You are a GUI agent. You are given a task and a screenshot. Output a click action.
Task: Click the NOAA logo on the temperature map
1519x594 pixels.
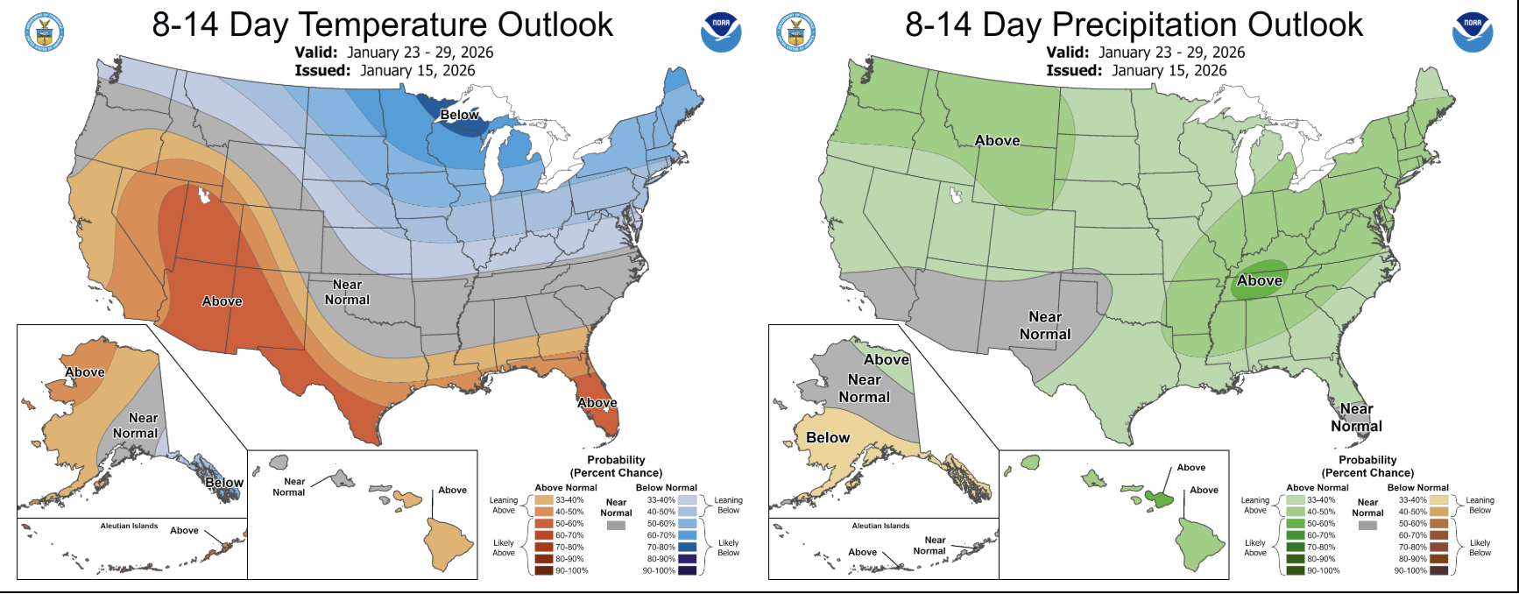(x=721, y=32)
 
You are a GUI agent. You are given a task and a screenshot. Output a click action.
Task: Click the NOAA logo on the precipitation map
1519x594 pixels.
(x=1473, y=32)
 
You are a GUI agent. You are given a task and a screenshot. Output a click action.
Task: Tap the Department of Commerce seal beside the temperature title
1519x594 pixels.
(x=44, y=32)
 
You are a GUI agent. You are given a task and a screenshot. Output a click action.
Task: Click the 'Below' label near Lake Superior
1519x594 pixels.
(x=459, y=115)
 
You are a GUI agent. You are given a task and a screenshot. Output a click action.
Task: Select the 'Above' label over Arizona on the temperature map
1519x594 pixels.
(x=223, y=301)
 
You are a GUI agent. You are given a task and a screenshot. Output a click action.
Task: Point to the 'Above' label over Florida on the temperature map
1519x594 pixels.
(x=597, y=403)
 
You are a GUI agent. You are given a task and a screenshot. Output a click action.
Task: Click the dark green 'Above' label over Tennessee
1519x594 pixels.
(x=1259, y=280)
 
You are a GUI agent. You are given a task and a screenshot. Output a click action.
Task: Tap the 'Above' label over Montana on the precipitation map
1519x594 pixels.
(x=997, y=140)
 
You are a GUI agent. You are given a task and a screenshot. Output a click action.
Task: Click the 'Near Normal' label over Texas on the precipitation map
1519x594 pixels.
(x=1045, y=325)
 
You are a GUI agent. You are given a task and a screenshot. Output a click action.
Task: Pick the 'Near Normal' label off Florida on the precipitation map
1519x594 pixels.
(x=1356, y=417)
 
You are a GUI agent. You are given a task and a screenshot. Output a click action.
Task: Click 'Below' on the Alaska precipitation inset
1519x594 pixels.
(x=828, y=437)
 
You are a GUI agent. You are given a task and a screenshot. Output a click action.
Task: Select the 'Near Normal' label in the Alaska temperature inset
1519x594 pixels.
(x=137, y=426)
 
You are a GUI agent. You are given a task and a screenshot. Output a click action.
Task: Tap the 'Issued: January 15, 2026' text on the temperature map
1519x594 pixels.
(x=385, y=70)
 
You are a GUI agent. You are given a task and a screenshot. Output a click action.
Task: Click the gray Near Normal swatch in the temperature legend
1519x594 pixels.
(x=616, y=526)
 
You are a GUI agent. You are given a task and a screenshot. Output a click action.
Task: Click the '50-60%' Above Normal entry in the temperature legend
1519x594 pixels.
(x=569, y=523)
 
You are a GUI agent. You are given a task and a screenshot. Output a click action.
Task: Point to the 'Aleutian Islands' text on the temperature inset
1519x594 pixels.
(x=129, y=526)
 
